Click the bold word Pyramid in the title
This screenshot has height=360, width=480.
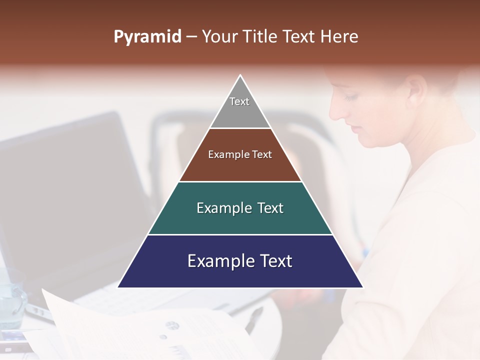click(x=147, y=37)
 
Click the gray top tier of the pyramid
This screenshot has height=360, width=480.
click(x=240, y=112)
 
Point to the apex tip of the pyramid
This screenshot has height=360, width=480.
click(x=240, y=76)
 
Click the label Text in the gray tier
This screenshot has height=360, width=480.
click(x=239, y=101)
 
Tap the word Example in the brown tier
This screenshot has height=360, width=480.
click(x=224, y=154)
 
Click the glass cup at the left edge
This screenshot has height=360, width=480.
click(x=11, y=300)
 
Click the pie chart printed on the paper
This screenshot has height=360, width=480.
click(x=172, y=325)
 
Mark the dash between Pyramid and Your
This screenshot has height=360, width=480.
click(x=191, y=37)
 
